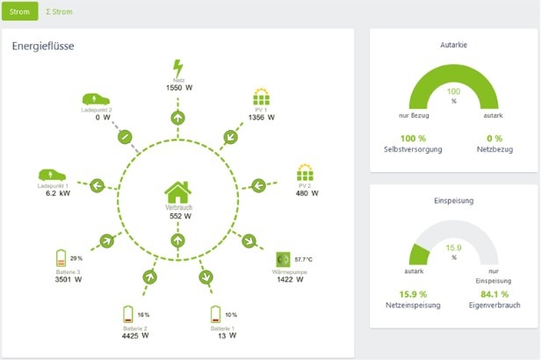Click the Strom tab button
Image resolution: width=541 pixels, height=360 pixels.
20,12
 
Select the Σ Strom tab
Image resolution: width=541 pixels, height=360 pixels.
60,12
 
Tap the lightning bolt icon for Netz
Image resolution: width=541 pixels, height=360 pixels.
178,68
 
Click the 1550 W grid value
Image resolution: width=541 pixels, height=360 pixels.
178,89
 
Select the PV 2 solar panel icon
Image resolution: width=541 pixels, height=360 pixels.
305,171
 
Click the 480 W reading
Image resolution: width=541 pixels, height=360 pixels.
305,193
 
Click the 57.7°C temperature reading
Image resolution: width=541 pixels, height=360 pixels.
305,260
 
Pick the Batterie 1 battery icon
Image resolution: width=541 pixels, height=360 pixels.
215,314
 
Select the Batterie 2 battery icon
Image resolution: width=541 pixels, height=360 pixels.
129,313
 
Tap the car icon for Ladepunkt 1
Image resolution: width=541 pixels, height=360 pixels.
50,176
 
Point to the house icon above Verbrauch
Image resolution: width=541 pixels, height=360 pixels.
178,191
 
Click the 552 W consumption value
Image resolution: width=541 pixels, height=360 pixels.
179,216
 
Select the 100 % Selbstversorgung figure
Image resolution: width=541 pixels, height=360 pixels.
413,138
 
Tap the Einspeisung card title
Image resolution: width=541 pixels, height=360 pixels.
454,200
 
